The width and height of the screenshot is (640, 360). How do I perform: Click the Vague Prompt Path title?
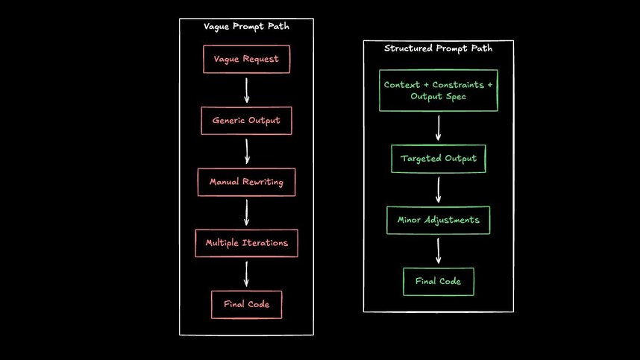coord(246,27)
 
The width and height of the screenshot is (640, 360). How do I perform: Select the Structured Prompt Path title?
coord(438,48)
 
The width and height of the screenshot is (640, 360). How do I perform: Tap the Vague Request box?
coord(246,59)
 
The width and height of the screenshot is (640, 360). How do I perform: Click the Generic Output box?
coord(246,121)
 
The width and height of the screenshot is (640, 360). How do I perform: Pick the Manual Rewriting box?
coord(246,182)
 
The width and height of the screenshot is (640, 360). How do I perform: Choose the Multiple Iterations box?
coord(246,243)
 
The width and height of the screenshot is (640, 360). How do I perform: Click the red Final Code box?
coord(246,304)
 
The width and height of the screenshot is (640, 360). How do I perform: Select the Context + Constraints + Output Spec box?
coord(438,90)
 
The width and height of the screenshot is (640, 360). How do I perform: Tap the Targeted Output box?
coord(438,159)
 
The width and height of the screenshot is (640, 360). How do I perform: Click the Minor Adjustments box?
coord(438,221)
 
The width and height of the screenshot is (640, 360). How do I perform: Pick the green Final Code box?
coord(438,281)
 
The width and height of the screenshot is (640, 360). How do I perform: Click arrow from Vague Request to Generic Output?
coord(246,89)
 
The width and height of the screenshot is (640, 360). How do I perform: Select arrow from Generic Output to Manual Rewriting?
coord(246,151)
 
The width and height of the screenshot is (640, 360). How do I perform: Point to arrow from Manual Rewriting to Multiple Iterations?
coord(246,212)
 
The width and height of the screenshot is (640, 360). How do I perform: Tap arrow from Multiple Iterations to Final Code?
coord(246,274)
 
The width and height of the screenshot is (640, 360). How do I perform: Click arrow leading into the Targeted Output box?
coord(438,127)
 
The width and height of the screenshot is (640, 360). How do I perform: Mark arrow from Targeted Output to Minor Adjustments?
coord(438,189)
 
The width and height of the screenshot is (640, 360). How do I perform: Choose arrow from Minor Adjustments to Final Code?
coord(438,250)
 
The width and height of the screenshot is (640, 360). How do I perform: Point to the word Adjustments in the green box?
coord(454,221)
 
